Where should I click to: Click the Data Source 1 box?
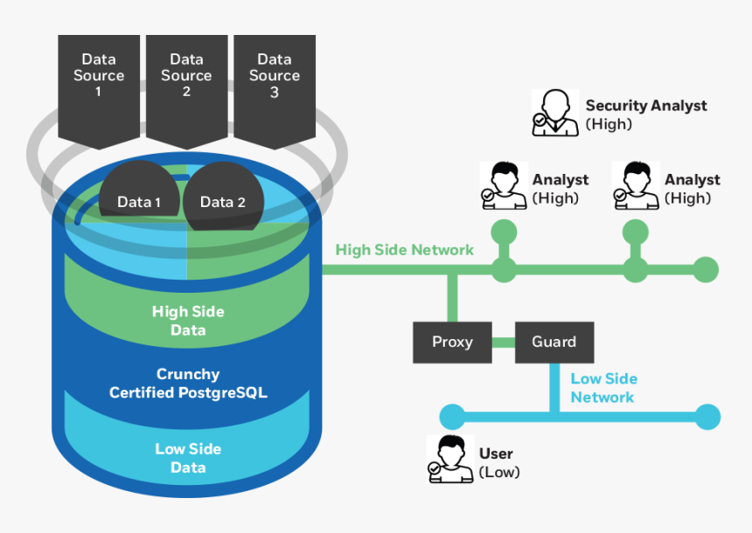[x=99, y=83]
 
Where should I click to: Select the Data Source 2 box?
[x=186, y=83]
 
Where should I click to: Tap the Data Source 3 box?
[x=274, y=83]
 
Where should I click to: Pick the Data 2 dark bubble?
[x=222, y=199]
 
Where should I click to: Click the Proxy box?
[x=452, y=342]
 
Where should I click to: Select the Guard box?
[x=554, y=342]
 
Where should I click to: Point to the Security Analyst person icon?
[x=554, y=113]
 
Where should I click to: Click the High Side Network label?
[x=405, y=250]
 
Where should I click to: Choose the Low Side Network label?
[x=603, y=388]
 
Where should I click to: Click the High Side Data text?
[x=188, y=321]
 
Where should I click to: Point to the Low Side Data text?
[x=188, y=458]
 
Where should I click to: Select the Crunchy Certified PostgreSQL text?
[x=188, y=384]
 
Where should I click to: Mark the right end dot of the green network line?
[x=706, y=270]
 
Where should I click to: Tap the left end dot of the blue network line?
[x=452, y=417]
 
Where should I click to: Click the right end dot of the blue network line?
[x=707, y=417]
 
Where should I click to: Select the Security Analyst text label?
[x=646, y=106]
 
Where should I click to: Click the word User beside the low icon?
[x=496, y=453]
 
